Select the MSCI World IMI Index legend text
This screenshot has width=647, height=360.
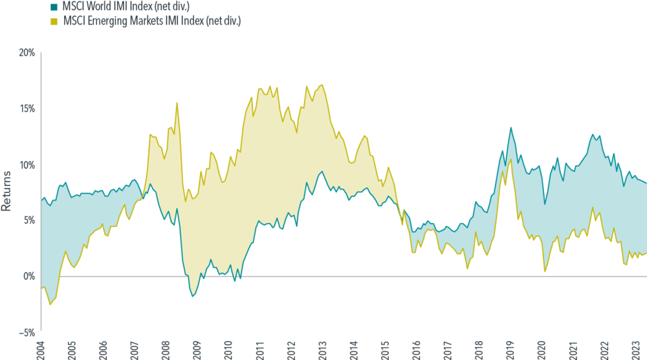tap(125, 7)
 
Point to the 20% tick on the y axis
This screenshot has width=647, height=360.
tap(27, 52)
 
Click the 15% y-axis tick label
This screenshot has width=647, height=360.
tap(27, 108)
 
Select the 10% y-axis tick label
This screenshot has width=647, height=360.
tap(27, 164)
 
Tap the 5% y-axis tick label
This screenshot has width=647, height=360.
tap(29, 220)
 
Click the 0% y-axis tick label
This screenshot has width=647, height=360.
tap(29, 276)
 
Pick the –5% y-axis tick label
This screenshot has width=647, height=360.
tap(27, 333)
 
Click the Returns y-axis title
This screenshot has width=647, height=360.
tap(6, 191)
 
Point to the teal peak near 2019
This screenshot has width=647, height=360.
tap(510, 127)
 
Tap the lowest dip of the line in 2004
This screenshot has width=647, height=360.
tap(50, 304)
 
